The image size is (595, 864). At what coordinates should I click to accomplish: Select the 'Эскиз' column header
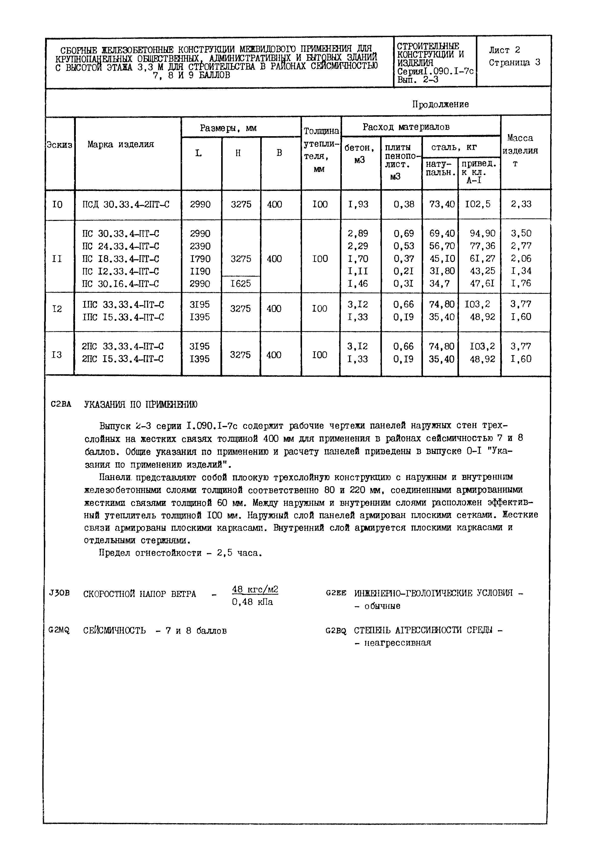pos(59,145)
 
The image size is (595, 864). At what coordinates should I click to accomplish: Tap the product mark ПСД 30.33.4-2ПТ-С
pos(126,205)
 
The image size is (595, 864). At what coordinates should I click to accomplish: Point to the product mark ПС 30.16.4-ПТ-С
pos(121,284)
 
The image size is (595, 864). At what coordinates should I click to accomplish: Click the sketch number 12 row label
pos(57,309)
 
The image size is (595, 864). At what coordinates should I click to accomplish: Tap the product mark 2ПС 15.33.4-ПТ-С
pos(123,359)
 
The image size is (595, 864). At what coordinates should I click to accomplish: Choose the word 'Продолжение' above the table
pos(440,104)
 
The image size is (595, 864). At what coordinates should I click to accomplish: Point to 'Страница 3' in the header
pos(514,62)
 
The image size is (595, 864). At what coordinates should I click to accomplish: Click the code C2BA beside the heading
pos(61,404)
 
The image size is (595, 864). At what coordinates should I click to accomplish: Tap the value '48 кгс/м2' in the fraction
pos(255,589)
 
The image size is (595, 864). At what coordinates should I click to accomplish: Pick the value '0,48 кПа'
pos(252,602)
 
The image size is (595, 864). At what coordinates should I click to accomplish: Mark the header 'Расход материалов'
pos(406,127)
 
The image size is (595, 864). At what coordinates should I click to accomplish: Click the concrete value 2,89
pos(357,234)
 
